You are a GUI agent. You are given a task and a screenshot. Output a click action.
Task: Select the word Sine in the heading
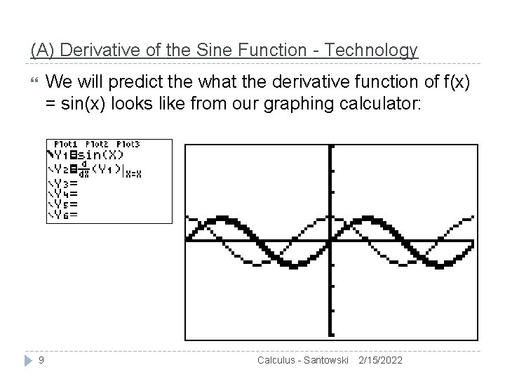tap(184, 51)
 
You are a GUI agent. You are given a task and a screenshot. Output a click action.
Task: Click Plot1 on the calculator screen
tap(66, 145)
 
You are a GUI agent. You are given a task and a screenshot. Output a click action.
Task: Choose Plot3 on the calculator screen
tap(128, 145)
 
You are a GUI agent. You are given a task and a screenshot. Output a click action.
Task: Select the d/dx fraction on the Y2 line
tap(85, 171)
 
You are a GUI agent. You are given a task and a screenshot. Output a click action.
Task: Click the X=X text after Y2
tap(133, 173)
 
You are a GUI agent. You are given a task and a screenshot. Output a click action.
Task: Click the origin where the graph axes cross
tap(331, 241)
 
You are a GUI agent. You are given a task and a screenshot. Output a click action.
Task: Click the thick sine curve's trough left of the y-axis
tap(287, 263)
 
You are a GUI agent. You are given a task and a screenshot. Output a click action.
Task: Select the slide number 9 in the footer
tap(41, 359)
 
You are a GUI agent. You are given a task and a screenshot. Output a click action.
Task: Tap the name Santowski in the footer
tap(323, 360)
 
